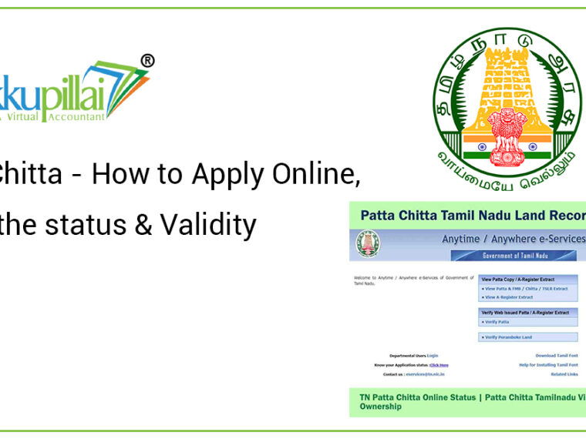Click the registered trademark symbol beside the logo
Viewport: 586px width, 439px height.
[147, 61]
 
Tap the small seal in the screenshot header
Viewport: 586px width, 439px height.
[368, 244]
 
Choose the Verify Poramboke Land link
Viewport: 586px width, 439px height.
[509, 337]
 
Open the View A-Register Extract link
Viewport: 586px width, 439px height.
[508, 297]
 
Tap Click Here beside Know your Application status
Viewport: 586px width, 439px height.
[439, 364]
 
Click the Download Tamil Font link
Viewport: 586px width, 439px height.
[556, 355]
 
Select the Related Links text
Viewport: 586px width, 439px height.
[564, 374]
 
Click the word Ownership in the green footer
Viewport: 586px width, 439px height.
[381, 407]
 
